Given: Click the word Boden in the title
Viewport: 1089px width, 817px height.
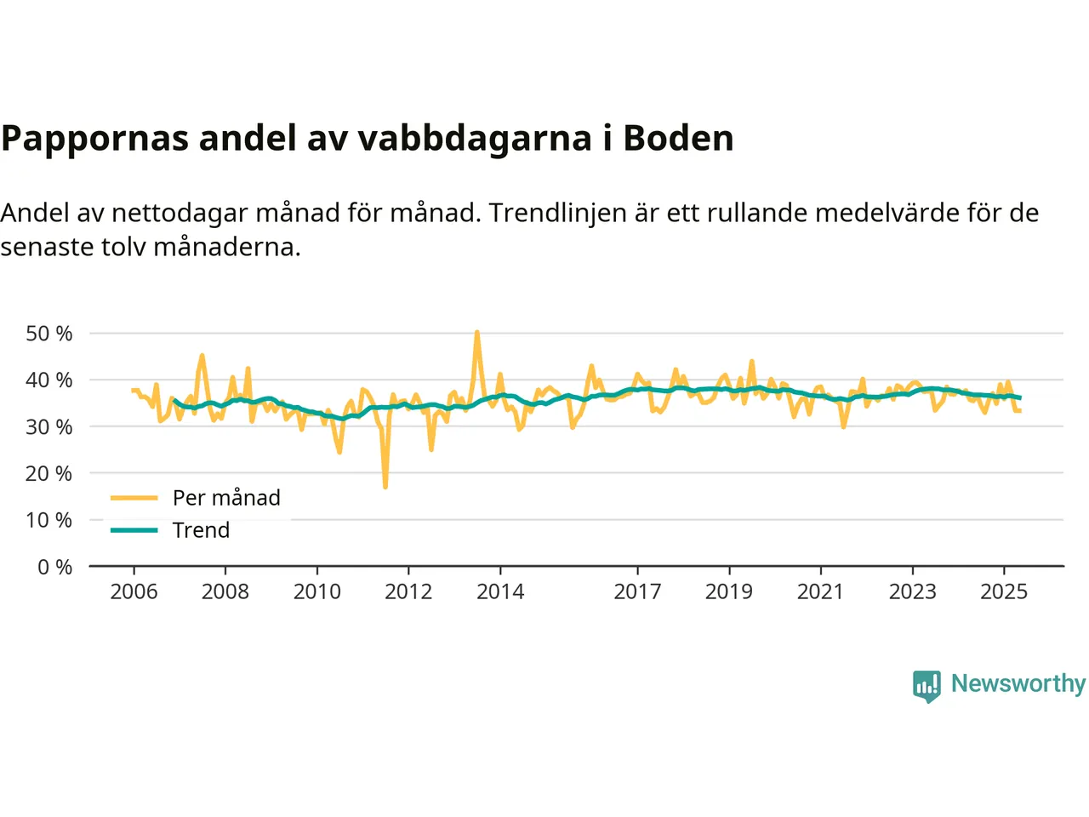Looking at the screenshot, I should click(x=678, y=138).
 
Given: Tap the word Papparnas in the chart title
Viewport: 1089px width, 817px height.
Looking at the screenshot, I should click(x=94, y=139).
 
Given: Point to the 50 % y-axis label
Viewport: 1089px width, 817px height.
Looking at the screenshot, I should click(x=49, y=334).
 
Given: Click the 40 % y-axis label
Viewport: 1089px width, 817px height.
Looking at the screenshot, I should click(x=49, y=380).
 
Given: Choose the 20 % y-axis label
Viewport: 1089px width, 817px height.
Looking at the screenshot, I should click(x=49, y=473).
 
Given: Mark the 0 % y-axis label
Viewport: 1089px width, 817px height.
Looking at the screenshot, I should click(x=55, y=567).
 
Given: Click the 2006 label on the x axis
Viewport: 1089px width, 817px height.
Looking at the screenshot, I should click(x=134, y=591).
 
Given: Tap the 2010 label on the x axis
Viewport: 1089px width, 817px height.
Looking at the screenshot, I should click(x=316, y=591).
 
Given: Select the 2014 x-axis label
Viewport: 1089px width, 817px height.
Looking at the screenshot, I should click(x=500, y=591).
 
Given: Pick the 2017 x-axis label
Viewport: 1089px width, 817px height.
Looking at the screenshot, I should click(x=637, y=591).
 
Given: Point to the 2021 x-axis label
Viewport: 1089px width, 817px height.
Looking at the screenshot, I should click(x=820, y=591).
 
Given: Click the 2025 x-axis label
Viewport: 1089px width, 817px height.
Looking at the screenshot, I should click(x=1004, y=591).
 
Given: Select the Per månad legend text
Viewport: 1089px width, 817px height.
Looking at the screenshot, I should click(x=226, y=498).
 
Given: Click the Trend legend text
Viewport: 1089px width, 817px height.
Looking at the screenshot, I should click(x=201, y=530).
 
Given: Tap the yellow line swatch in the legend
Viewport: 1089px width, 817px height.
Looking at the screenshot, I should click(x=134, y=498).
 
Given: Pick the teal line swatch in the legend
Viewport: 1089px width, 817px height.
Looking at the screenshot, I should click(x=134, y=530).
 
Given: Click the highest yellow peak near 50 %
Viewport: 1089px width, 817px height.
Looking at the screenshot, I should click(x=476, y=332).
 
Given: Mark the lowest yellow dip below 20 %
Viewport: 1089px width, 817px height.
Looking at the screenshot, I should click(x=385, y=487).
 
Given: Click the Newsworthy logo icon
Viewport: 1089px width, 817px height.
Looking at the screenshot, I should click(x=927, y=685).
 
